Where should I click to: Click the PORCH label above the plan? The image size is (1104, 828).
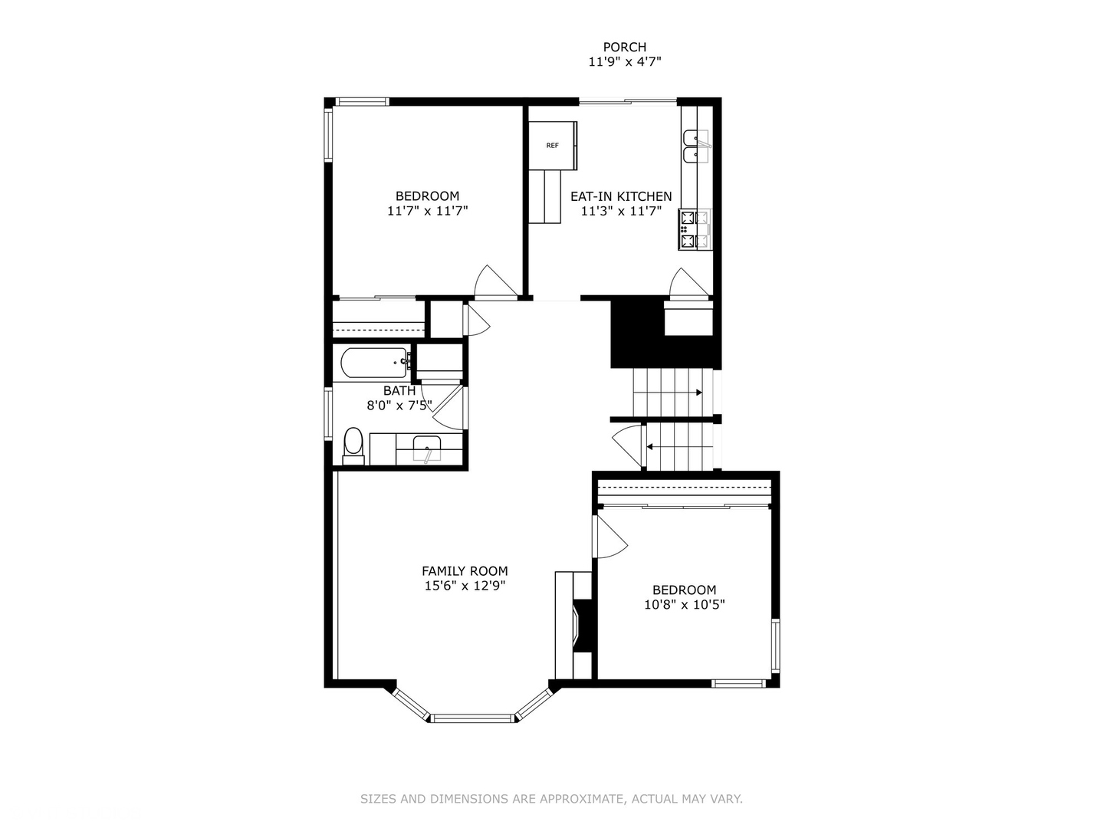click(x=624, y=48)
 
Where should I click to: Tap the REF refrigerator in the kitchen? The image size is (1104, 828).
click(x=552, y=146)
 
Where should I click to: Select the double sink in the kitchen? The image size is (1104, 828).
click(x=697, y=146)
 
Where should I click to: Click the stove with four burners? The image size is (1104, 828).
click(x=695, y=229)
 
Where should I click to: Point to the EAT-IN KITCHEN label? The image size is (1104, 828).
click(x=620, y=197)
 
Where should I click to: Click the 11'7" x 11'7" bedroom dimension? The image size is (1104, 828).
click(x=427, y=211)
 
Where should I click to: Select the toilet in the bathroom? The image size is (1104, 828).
click(x=353, y=445)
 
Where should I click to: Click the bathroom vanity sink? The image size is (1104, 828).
click(x=426, y=449)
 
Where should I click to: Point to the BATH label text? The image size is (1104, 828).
click(x=399, y=391)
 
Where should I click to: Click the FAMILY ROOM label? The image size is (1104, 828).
click(x=465, y=571)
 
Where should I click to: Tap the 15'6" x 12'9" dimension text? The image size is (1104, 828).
click(x=465, y=586)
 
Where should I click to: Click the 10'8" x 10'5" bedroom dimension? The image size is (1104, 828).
click(x=684, y=605)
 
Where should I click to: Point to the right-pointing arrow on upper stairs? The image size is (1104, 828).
click(x=698, y=393)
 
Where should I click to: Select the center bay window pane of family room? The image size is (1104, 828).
click(x=472, y=718)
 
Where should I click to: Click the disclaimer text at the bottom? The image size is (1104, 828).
click(x=551, y=799)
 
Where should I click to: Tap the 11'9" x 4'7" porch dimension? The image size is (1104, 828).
click(x=624, y=63)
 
